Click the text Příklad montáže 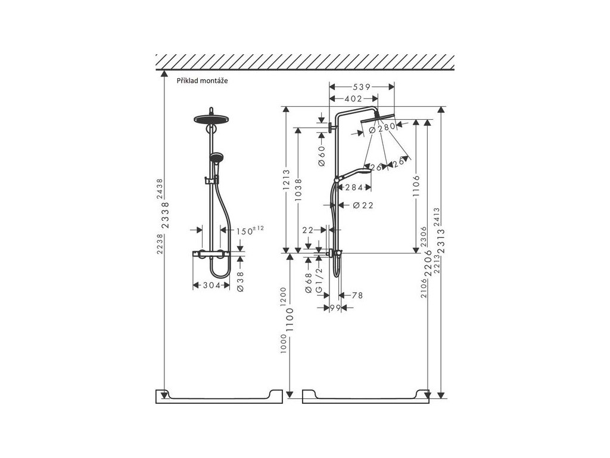[201, 81]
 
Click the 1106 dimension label [416, 185]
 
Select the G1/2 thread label [319, 280]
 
